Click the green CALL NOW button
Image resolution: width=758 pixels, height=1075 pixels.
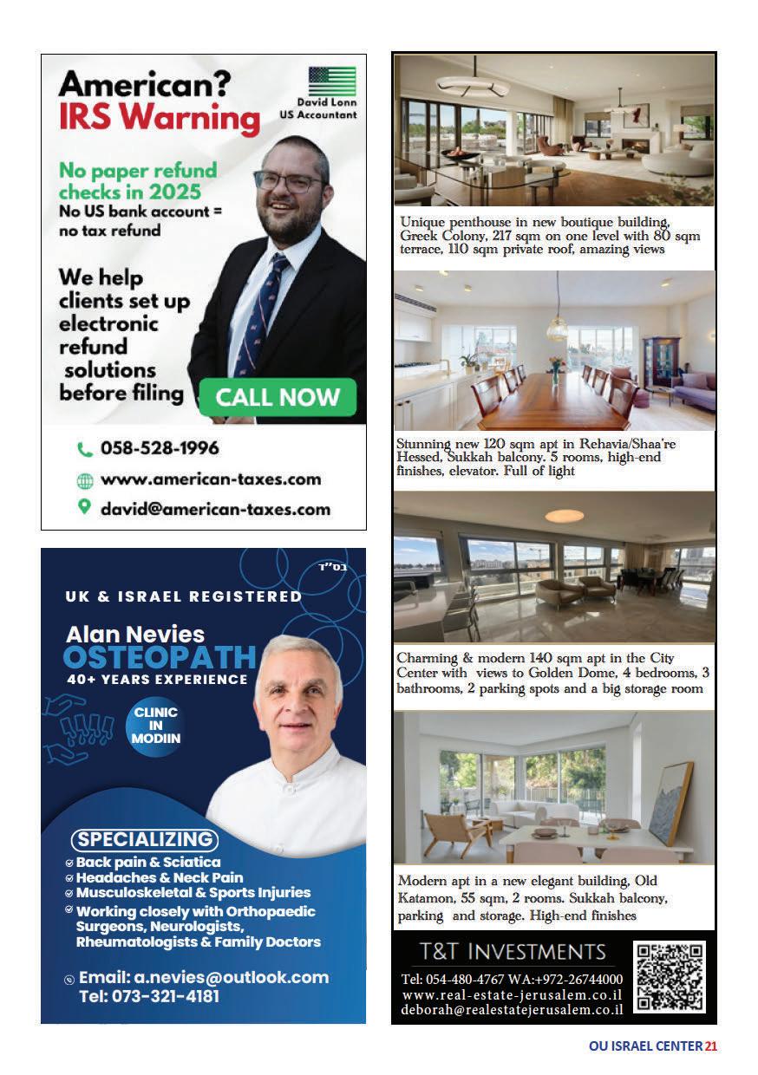point(278,397)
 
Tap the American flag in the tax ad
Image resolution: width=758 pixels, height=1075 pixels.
point(332,81)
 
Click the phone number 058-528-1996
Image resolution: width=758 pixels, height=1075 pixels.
point(160,448)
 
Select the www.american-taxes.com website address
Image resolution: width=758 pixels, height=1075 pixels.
point(211,479)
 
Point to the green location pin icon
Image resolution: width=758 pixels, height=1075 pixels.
point(84,507)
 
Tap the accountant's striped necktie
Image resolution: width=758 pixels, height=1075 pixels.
point(264,311)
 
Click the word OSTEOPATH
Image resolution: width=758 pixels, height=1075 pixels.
point(160,656)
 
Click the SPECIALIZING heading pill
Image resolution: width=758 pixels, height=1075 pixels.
point(144,839)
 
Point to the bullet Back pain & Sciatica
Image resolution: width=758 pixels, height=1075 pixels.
point(147,862)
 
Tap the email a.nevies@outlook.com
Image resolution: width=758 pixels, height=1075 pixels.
point(204,977)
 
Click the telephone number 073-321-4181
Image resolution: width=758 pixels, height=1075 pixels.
point(149,996)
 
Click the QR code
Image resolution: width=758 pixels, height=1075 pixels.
point(670,976)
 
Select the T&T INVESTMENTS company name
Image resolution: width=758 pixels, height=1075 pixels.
point(513,951)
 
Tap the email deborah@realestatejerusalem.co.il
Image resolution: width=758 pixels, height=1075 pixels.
point(512,1009)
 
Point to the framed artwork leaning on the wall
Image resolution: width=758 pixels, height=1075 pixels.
point(670,802)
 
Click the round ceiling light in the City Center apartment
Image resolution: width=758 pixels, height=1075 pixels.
point(565,516)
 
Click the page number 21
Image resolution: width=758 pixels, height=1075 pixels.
point(711,1046)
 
